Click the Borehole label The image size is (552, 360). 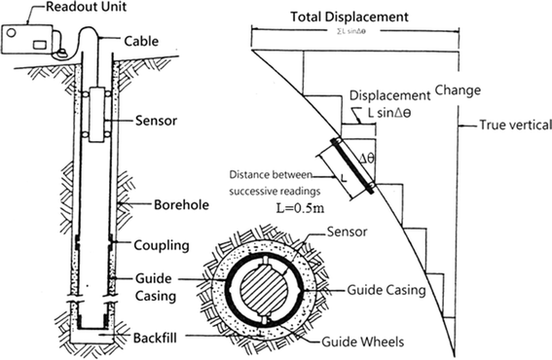click(155, 204)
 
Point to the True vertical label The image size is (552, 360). click(513, 125)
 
